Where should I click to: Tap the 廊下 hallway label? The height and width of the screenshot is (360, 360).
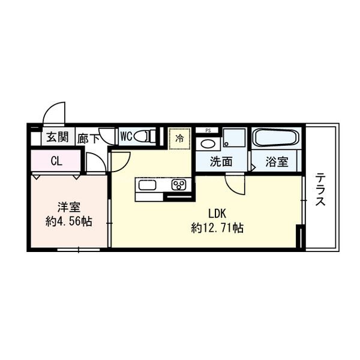click(x=89, y=137)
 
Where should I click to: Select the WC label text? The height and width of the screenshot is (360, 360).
click(x=126, y=136)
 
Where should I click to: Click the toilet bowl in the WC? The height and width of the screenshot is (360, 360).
click(x=145, y=137)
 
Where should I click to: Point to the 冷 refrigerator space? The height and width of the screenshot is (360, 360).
click(x=179, y=138)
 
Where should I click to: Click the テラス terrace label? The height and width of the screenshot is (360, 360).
click(x=321, y=189)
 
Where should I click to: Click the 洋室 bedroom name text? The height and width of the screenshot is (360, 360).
click(x=70, y=208)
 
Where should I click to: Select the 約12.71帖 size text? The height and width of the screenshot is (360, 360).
click(x=217, y=228)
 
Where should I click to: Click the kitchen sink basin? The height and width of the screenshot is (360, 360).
click(x=148, y=184)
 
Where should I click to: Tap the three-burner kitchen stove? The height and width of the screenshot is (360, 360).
click(x=179, y=184)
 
